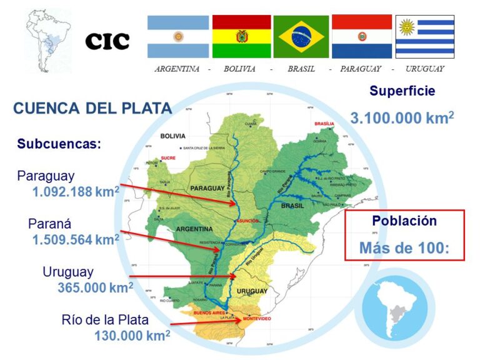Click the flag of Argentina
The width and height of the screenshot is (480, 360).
point(178,36)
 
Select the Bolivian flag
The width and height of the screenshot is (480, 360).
point(241,36)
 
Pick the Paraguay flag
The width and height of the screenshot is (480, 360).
point(362,36)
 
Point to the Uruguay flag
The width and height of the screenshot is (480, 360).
point(424,36)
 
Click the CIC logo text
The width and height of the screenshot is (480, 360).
point(107,41)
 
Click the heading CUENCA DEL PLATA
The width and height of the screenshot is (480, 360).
point(92,108)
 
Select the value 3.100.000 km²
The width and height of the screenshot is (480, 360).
point(402,117)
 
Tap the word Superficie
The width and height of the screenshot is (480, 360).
point(402,91)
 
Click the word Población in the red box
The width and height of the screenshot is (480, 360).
point(404,221)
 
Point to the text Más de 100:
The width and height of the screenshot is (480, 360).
point(404,247)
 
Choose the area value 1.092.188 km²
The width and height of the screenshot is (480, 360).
point(76,192)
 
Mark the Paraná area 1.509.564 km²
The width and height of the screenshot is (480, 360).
point(76,239)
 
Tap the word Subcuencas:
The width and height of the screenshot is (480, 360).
point(59,144)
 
